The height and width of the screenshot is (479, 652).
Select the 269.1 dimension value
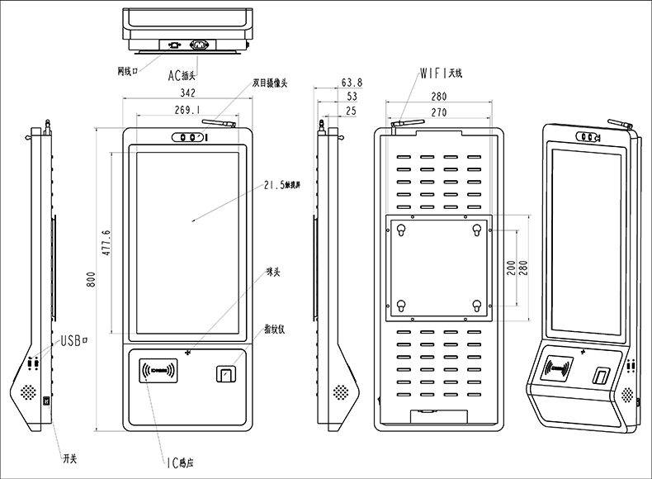tap(187, 110)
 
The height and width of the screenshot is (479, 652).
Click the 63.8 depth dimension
tap(352, 83)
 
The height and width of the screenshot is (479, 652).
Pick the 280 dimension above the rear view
tap(438, 97)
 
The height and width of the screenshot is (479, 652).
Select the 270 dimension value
tap(438, 112)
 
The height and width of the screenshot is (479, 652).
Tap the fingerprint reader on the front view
tap(224, 375)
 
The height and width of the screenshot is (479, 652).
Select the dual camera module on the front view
tap(187, 138)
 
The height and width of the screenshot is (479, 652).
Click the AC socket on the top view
tap(199, 45)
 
